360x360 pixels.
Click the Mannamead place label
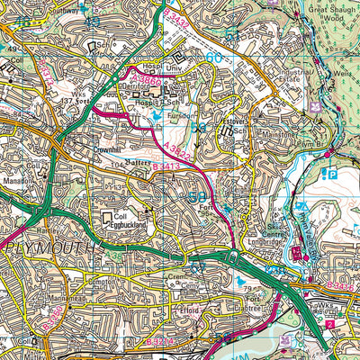click(68, 299)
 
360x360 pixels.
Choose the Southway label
click(67, 4)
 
